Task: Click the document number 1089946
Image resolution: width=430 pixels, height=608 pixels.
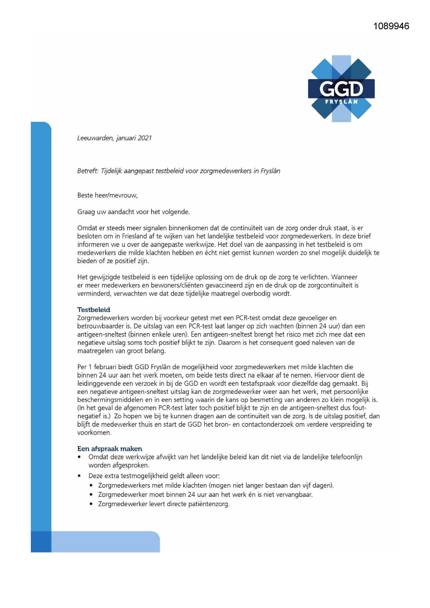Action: coord(391,26)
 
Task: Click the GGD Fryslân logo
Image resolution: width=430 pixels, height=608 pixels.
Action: coord(341,89)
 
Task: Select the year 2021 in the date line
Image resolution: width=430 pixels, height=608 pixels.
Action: coord(145,138)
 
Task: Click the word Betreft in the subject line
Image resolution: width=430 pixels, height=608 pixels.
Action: coord(88,171)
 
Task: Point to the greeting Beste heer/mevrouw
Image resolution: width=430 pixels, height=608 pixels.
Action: coord(107,196)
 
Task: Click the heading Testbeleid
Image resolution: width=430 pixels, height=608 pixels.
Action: coord(94,310)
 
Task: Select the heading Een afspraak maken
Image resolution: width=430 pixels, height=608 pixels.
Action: coord(109,449)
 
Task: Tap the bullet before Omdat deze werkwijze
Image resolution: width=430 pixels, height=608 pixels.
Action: coord(80,457)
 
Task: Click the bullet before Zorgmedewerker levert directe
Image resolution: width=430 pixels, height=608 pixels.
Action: coord(91,504)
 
